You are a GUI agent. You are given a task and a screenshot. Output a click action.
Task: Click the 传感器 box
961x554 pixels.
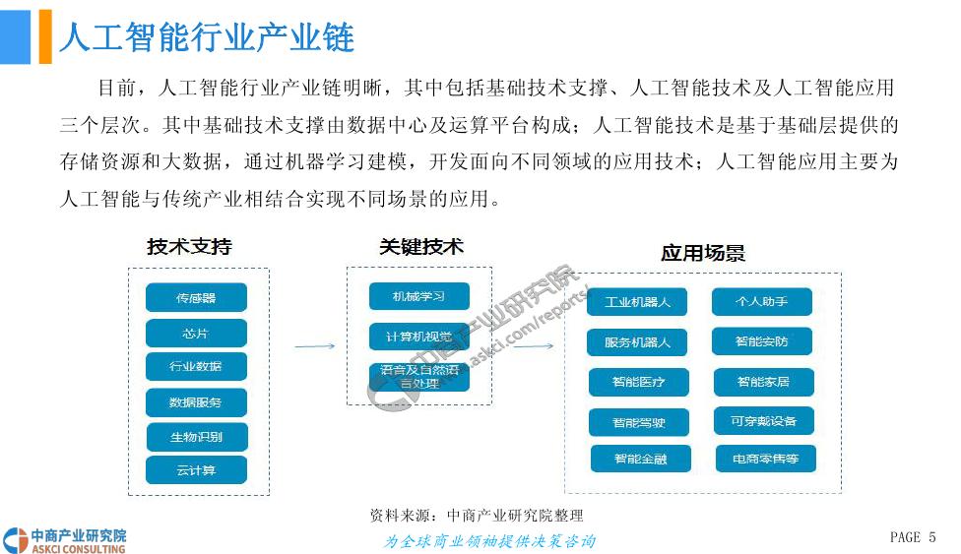pyautogui.click(x=196, y=297)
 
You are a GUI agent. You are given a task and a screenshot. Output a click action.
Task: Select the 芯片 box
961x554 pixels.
pyautogui.click(x=196, y=333)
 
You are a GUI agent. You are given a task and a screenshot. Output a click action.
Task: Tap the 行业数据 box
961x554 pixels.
pyautogui.click(x=196, y=367)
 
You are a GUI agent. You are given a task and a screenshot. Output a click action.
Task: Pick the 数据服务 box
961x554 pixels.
pyautogui.click(x=196, y=402)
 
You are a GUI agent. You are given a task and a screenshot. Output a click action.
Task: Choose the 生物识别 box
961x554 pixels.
pyautogui.click(x=196, y=437)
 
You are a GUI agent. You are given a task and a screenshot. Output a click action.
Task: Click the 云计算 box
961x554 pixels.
pyautogui.click(x=196, y=470)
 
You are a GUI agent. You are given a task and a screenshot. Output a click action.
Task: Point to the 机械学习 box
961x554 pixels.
pyautogui.click(x=418, y=296)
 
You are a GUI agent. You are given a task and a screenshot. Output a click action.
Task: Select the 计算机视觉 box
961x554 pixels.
pyautogui.click(x=418, y=336)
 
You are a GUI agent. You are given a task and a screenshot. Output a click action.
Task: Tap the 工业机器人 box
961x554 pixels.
pyautogui.click(x=637, y=302)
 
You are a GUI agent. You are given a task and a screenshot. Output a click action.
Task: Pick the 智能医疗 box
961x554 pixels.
pyautogui.click(x=638, y=382)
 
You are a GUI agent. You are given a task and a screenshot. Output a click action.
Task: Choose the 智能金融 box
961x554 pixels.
pyautogui.click(x=640, y=459)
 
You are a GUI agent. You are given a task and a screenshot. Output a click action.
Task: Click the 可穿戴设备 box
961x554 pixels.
pyautogui.click(x=764, y=421)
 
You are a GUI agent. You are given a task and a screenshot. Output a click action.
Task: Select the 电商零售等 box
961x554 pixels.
pyautogui.click(x=765, y=459)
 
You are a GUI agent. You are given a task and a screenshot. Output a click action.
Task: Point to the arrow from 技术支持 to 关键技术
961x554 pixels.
pyautogui.click(x=315, y=346)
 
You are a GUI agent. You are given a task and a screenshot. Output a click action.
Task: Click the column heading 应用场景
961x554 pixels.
pyautogui.click(x=703, y=253)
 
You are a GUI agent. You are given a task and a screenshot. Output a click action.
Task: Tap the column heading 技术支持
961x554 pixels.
pyautogui.click(x=190, y=246)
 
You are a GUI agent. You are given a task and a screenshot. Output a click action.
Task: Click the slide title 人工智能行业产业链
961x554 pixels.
pyautogui.click(x=207, y=37)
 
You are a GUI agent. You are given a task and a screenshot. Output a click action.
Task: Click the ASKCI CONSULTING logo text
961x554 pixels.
pyautogui.click(x=79, y=547)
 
